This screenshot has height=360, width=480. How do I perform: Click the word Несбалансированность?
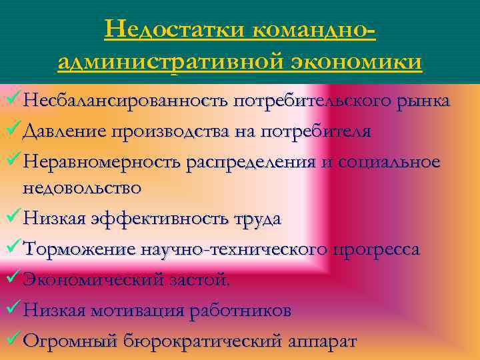point(125,102)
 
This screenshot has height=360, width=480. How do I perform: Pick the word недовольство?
point(82,189)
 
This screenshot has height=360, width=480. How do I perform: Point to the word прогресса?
point(377,249)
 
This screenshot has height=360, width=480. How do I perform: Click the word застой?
point(198,280)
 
